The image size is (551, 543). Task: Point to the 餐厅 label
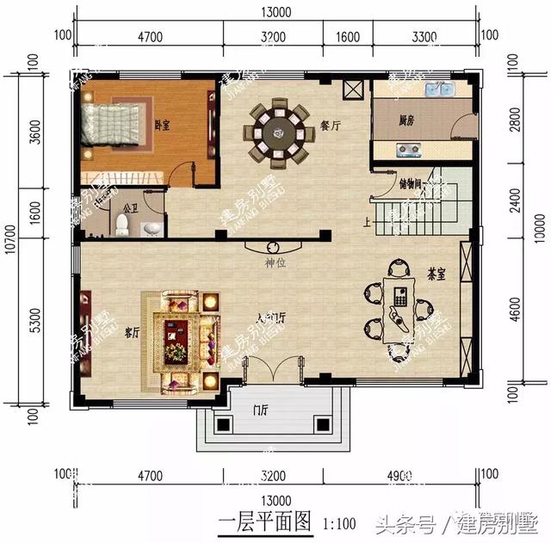coord(331,126)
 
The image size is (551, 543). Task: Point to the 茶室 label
coord(436,273)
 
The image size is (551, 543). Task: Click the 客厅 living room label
coord(132,331)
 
